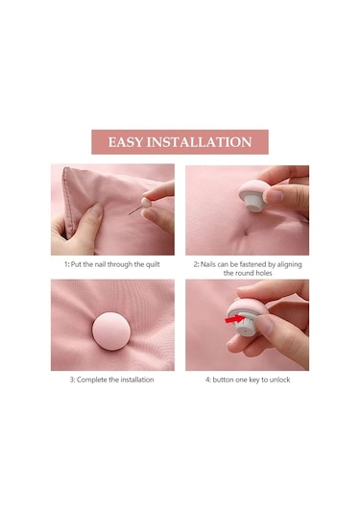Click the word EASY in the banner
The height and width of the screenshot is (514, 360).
(x=126, y=142)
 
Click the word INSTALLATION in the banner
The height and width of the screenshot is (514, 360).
(x=199, y=142)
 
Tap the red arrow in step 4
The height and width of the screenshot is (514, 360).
(x=234, y=318)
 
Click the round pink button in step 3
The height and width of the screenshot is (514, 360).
(x=111, y=331)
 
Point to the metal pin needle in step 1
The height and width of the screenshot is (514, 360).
(x=135, y=210)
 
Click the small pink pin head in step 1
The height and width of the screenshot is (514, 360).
(x=146, y=202)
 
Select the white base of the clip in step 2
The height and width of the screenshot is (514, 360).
(x=254, y=203)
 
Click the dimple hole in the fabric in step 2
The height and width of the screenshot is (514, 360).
(x=246, y=233)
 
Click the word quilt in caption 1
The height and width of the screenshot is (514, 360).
(x=153, y=264)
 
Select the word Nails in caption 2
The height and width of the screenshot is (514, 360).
(x=207, y=264)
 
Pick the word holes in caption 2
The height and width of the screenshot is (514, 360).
(x=264, y=273)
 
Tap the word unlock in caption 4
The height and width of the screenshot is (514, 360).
(x=279, y=379)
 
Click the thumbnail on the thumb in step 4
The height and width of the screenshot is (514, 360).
(x=264, y=324)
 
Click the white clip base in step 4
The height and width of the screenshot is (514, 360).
(x=246, y=325)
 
